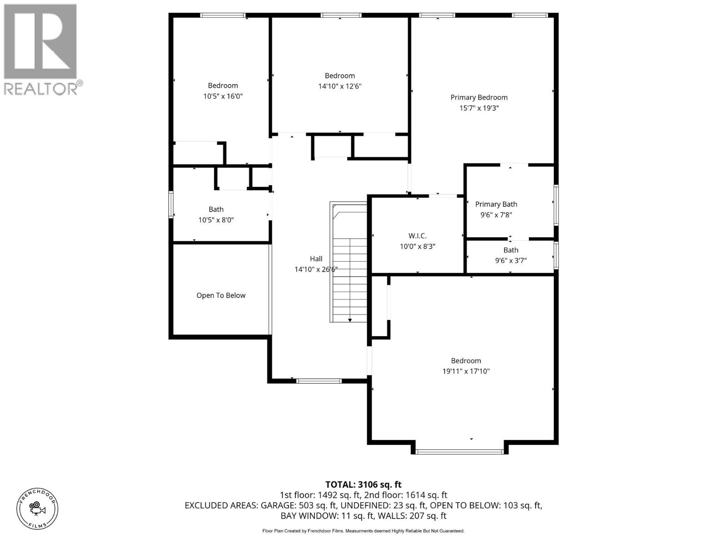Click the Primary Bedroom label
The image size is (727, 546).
[x=479, y=97]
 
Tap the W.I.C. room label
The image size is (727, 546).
[x=417, y=236]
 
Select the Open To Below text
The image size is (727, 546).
[x=221, y=295]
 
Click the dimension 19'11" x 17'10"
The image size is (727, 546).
[x=466, y=371]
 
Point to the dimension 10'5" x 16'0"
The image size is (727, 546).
[x=223, y=96]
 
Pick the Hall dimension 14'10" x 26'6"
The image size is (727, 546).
[x=316, y=269]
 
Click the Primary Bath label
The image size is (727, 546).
[x=496, y=204]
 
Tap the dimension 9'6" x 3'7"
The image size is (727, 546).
[x=511, y=261]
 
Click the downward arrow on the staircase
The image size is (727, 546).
[x=350, y=320]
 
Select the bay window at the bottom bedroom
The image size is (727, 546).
[x=459, y=451]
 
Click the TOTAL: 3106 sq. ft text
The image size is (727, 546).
[x=363, y=485]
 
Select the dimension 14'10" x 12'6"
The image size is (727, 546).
[x=339, y=86]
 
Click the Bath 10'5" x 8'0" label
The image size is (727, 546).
[x=216, y=215]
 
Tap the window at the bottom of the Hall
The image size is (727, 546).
[x=319, y=381]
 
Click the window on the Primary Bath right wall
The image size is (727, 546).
[x=556, y=205]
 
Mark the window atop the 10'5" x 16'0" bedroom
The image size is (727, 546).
[x=223, y=15]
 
